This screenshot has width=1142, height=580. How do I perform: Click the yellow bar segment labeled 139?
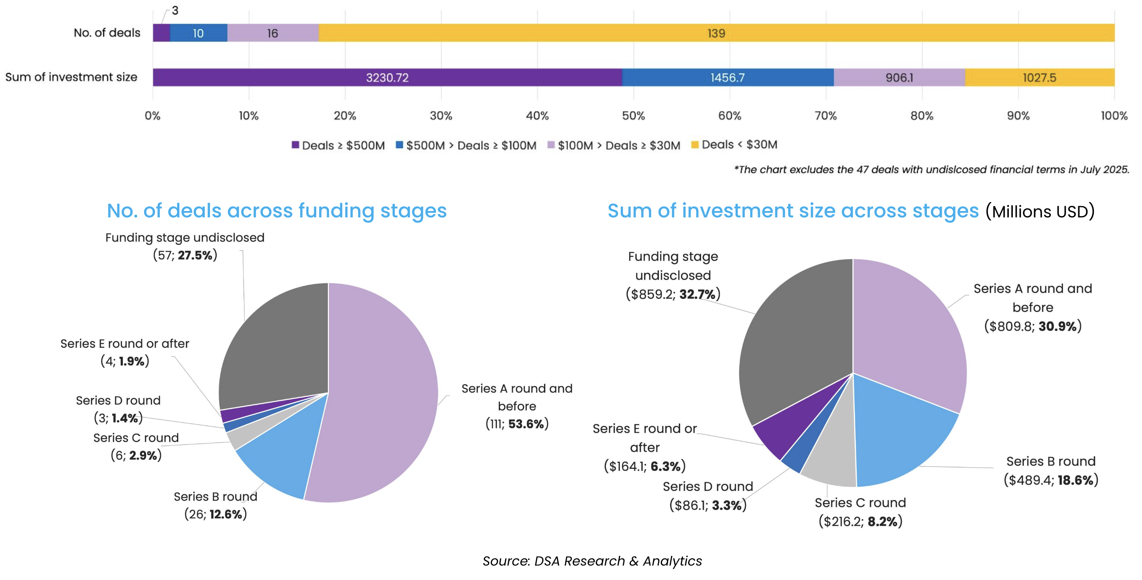(716, 33)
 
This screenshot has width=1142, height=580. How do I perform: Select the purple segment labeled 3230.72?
(387, 77)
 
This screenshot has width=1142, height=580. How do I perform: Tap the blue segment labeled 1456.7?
(727, 77)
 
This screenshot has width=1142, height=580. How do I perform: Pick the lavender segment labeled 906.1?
(899, 77)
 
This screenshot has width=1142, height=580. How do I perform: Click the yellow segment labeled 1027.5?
(1039, 77)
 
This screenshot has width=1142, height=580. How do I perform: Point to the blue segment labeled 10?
(198, 33)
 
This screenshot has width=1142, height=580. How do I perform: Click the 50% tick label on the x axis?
(633, 116)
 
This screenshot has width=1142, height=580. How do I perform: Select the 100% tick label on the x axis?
(1114, 116)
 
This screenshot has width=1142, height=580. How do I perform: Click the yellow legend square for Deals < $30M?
(695, 145)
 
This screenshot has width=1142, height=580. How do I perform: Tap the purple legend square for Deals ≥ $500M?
(295, 145)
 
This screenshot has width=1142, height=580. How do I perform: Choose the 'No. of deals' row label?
(107, 33)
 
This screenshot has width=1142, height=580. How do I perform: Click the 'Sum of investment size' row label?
(71, 77)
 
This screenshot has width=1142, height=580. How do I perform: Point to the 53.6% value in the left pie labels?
(526, 424)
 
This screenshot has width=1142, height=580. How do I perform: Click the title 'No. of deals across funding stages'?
(276, 211)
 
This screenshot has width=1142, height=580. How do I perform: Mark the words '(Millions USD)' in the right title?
(1040, 212)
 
